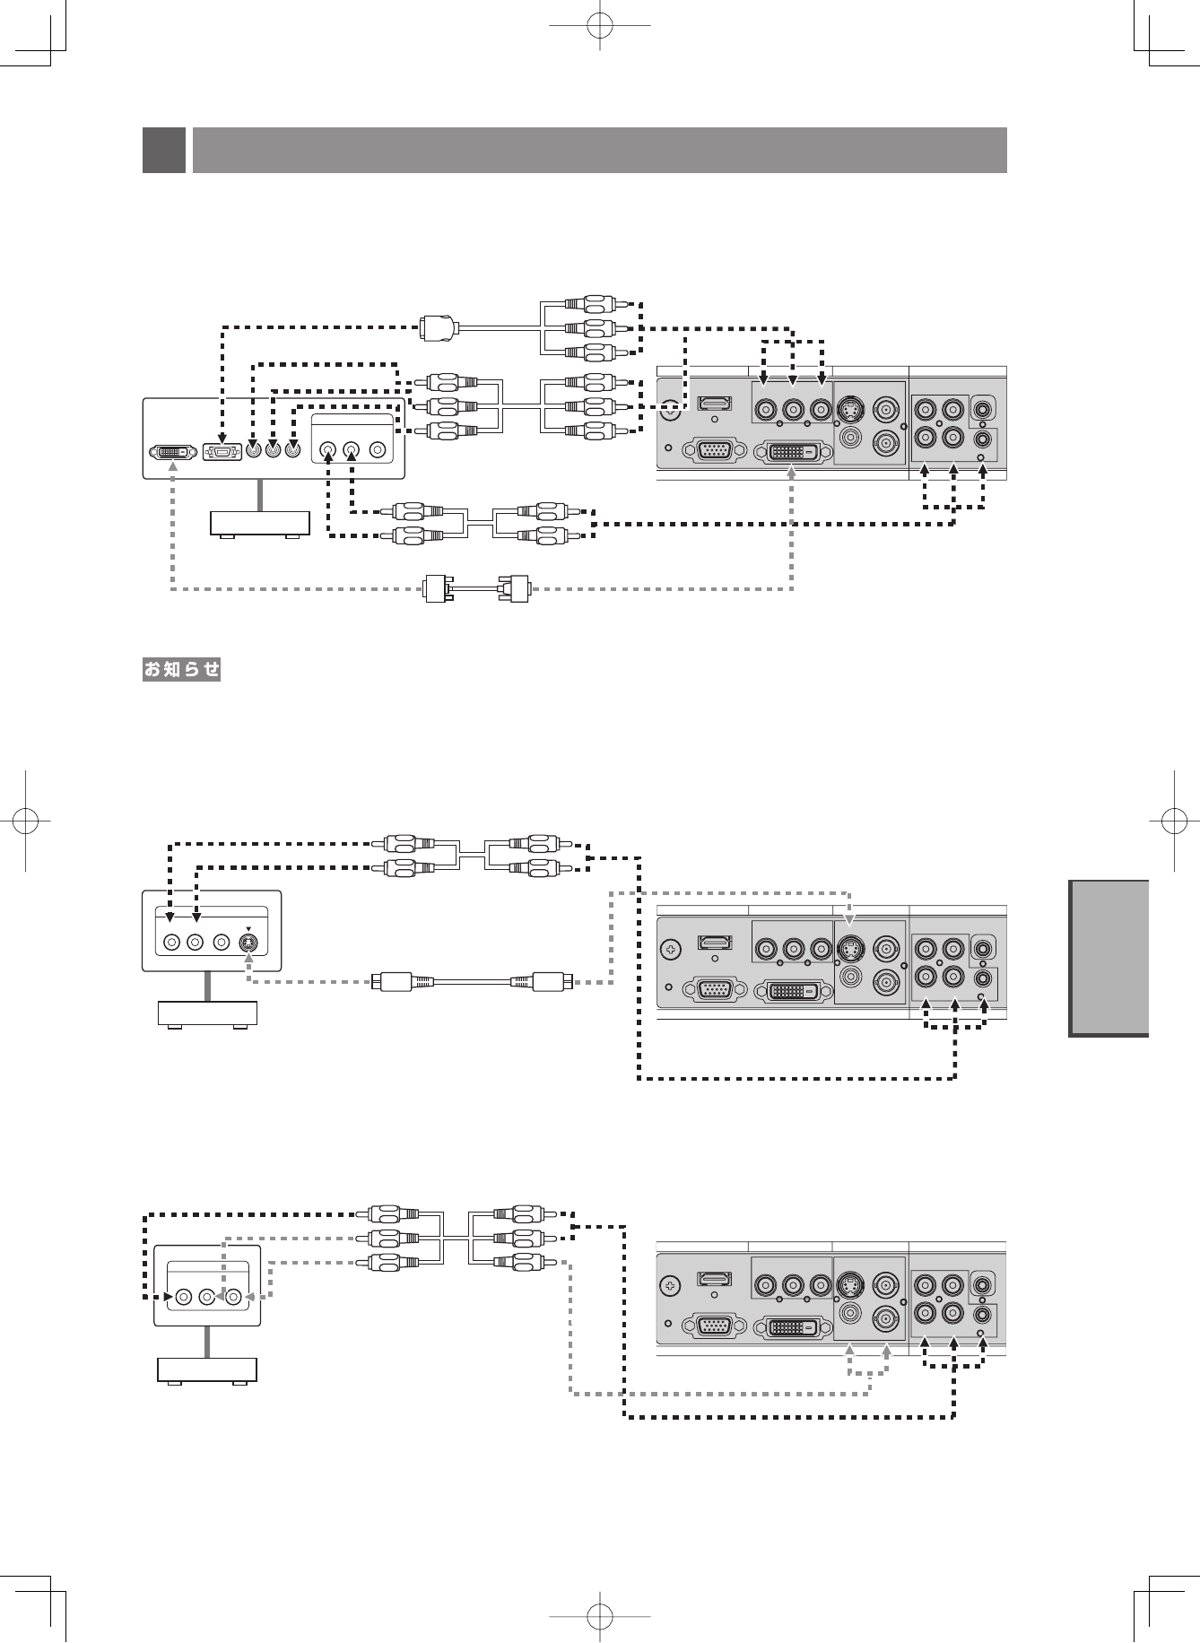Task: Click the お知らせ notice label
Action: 182,669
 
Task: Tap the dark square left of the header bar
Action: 164,150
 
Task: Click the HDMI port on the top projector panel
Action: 715,404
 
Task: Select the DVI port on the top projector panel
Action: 792,451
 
